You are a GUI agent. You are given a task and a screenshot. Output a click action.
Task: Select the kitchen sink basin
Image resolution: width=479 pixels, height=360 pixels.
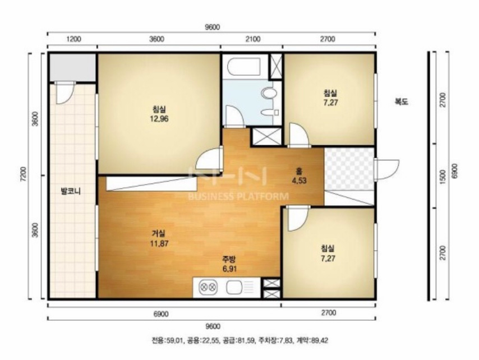click(x=234, y=287)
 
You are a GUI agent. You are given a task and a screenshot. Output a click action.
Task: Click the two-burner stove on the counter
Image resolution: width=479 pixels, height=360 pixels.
click(x=208, y=287)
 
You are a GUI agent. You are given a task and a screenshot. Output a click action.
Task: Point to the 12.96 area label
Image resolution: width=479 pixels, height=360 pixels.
click(x=159, y=118)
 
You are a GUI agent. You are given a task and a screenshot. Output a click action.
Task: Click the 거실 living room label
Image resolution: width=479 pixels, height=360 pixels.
click(x=159, y=234)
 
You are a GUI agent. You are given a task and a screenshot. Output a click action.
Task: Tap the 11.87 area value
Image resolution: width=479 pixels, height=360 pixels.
click(x=159, y=244)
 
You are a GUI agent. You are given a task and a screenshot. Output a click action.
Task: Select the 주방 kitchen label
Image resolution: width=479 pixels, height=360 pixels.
click(x=229, y=260)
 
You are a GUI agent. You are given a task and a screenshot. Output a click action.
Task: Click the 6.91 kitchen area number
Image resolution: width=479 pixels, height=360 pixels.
click(x=229, y=269)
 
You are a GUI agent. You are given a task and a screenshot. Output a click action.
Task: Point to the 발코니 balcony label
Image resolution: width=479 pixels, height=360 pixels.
click(x=71, y=191)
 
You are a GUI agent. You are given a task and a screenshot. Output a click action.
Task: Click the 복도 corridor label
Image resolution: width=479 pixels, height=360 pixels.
click(x=401, y=102)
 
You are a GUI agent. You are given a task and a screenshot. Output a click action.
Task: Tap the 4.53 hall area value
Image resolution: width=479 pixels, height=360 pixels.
click(x=299, y=181)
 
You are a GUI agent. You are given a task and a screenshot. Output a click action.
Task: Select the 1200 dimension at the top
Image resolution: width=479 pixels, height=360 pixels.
click(x=73, y=39)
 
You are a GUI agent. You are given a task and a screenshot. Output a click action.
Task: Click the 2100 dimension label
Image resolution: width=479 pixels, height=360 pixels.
click(x=254, y=39)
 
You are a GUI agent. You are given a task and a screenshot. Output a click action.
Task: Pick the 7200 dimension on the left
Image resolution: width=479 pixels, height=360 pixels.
click(x=25, y=176)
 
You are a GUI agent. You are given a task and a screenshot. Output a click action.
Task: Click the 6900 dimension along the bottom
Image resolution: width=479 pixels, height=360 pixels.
click(x=161, y=314)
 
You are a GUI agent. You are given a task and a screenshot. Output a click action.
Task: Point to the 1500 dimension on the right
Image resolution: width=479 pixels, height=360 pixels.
click(x=443, y=177)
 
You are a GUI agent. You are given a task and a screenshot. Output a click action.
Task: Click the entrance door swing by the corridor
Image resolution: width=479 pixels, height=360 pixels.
click(x=387, y=169)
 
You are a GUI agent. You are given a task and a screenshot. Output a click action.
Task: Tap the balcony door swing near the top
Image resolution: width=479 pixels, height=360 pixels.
click(x=64, y=93)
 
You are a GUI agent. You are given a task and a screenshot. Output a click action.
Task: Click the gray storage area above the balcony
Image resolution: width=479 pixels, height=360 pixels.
click(x=73, y=68)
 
